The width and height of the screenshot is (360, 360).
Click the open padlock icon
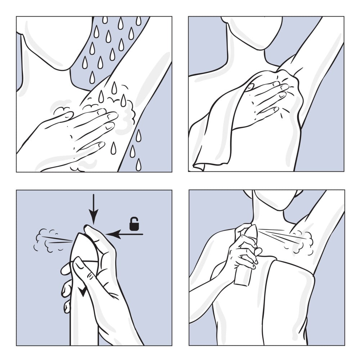(x=134, y=224)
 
